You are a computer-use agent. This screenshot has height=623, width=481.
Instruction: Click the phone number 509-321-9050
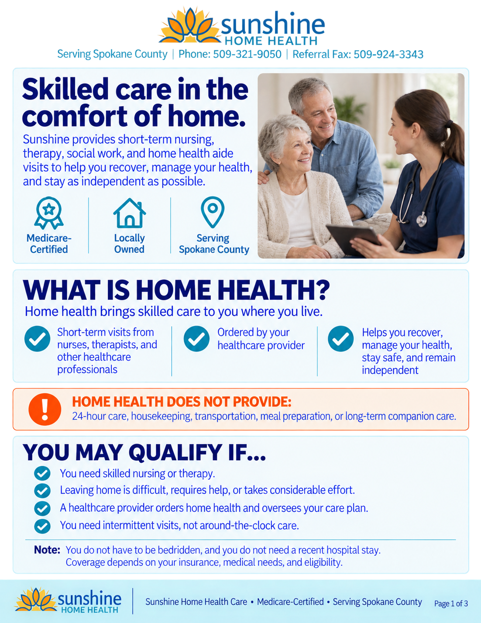[247, 54]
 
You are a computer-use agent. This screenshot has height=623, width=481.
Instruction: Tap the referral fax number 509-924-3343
[388, 54]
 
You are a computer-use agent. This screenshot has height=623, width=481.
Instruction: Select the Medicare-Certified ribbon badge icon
[49, 213]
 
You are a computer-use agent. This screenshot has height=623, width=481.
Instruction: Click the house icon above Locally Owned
[130, 213]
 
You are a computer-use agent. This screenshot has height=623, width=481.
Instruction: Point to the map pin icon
[213, 212]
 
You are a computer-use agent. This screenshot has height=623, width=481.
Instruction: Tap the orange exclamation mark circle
[45, 409]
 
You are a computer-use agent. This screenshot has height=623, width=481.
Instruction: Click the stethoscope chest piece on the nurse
[422, 220]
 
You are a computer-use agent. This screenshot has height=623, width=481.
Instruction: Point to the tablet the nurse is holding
[353, 239]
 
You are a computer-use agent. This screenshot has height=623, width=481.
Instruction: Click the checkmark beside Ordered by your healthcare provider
[197, 339]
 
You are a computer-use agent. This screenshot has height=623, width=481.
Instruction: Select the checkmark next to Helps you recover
[340, 339]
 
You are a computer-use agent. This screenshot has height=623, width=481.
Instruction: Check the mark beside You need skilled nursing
[42, 473]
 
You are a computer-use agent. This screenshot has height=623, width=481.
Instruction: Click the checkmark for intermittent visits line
[42, 526]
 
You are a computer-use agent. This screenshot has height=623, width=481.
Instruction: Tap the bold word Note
[47, 550]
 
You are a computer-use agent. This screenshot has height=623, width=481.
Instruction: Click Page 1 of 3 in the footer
[451, 603]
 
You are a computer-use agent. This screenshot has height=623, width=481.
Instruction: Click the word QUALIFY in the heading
[175, 452]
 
